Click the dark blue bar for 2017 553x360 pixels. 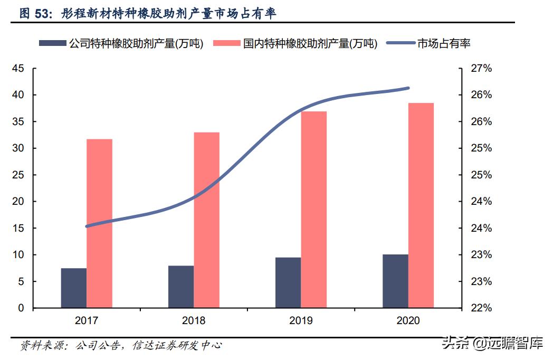click(74, 288)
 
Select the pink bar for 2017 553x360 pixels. click(99, 223)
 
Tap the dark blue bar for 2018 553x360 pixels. click(181, 287)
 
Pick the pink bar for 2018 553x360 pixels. click(206, 220)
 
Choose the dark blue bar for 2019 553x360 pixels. click(288, 283)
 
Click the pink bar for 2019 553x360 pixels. click(314, 210)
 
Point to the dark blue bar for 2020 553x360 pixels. click(396, 281)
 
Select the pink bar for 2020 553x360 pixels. click(421, 205)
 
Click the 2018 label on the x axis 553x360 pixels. click(194, 320)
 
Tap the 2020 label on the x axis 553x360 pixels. click(408, 320)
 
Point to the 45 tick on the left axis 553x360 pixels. click(18, 69)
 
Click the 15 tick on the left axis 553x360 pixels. click(18, 229)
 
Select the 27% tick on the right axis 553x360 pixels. click(481, 69)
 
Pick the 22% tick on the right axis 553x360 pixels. click(481, 308)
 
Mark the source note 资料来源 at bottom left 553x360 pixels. click(42, 346)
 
